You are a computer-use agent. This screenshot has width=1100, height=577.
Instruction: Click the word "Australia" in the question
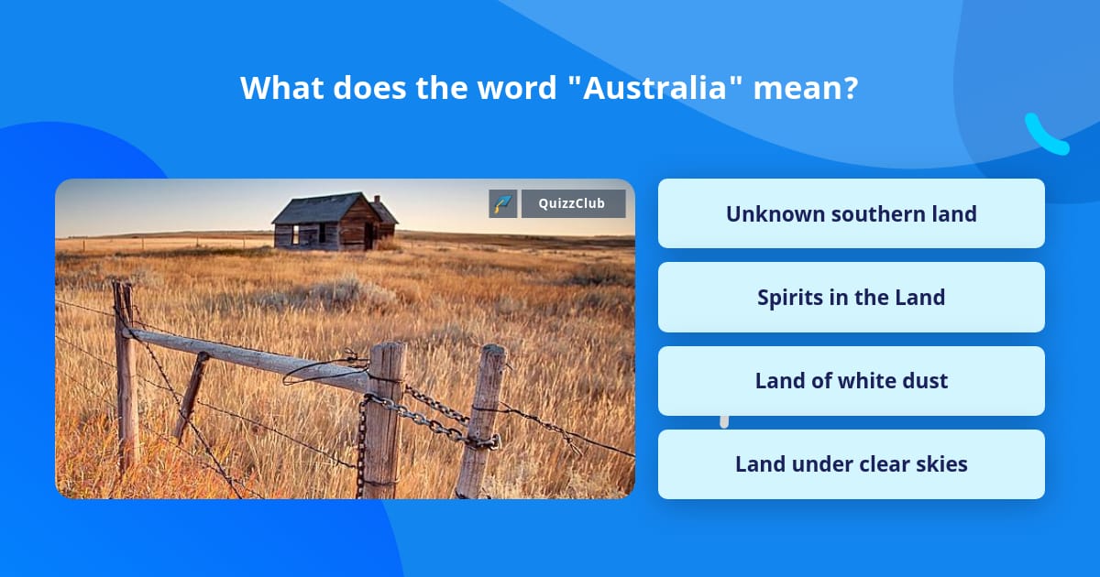pos(656,89)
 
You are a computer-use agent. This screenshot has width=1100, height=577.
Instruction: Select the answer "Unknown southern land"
pos(851,213)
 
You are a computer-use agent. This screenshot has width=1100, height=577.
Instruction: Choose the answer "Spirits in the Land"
pos(851,298)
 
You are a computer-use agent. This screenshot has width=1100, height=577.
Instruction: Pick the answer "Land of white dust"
pos(851,381)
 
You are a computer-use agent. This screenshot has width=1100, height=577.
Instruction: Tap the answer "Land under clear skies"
pos(851,464)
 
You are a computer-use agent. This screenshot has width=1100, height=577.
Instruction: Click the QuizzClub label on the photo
pos(573,203)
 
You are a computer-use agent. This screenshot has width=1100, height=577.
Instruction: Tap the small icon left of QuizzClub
pos(502,203)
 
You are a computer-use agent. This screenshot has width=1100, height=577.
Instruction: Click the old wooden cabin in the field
pos(333,223)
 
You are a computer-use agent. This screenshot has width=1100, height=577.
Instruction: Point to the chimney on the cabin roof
pos(377,201)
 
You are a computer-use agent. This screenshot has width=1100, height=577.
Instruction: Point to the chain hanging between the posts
pos(431,417)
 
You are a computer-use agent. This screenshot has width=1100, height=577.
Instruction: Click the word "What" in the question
pos(280,89)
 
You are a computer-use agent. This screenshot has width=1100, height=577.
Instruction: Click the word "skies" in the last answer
pos(939,464)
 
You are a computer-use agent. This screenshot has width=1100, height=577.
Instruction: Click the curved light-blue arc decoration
pos(1044,136)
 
